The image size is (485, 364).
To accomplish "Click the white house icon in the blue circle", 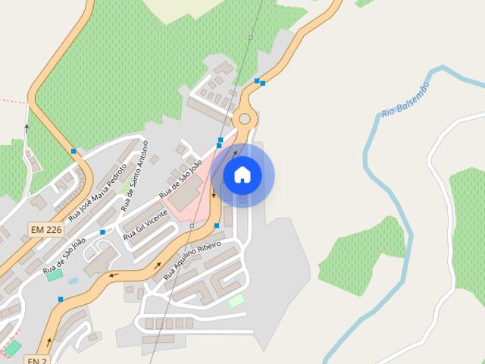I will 242,175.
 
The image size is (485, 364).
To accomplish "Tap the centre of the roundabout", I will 244,119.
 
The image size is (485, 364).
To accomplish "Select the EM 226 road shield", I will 47,230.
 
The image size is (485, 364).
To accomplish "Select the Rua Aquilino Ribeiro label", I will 192,261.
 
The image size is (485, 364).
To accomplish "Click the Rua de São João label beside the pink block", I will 180,179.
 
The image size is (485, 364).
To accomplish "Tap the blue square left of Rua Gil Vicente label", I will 102,232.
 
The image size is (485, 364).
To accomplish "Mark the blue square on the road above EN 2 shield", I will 60,300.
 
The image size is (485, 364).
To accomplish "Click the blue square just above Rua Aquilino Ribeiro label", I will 217,226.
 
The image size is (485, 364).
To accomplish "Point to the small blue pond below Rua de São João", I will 73,281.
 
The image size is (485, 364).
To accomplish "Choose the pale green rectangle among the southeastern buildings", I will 236,300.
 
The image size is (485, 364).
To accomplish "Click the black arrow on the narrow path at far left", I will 27,129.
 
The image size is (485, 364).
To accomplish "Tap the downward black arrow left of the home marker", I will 214,193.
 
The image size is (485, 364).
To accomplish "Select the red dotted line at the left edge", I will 11,100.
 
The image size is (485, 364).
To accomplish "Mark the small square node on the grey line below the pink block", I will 192,226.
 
